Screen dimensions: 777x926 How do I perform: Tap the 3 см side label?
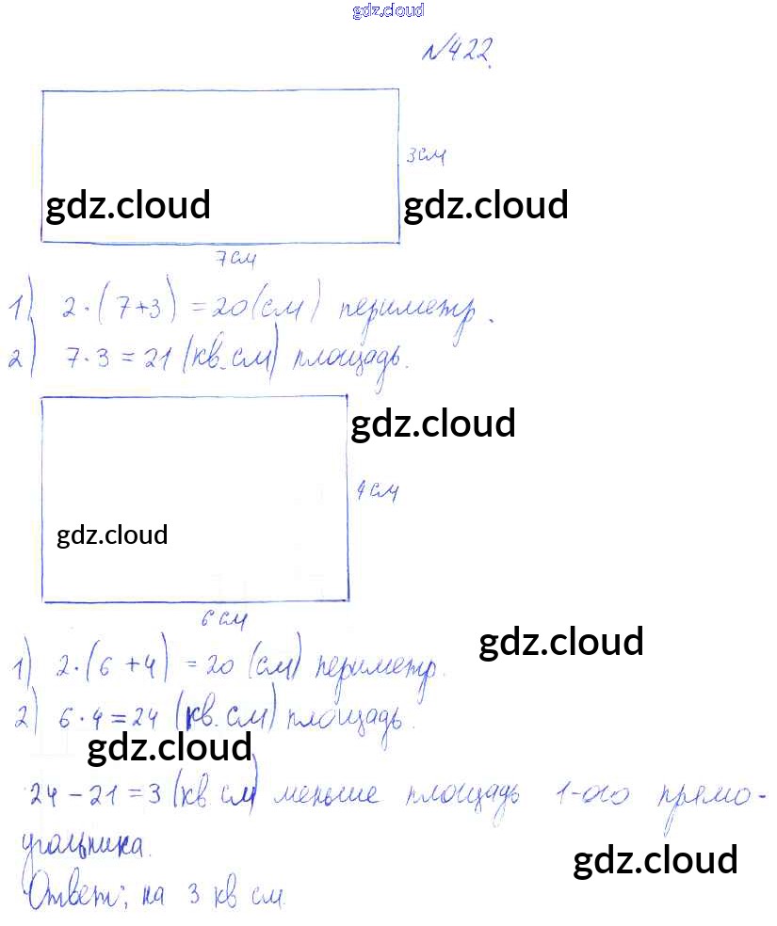point(425,156)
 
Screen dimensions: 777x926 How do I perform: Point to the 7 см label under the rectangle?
point(235,259)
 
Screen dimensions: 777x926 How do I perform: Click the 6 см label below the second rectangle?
point(223,620)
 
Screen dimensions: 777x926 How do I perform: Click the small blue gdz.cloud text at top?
point(388,10)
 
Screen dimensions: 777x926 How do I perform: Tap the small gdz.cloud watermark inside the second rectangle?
point(112,535)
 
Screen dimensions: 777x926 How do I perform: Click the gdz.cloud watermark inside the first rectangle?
point(128,205)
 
